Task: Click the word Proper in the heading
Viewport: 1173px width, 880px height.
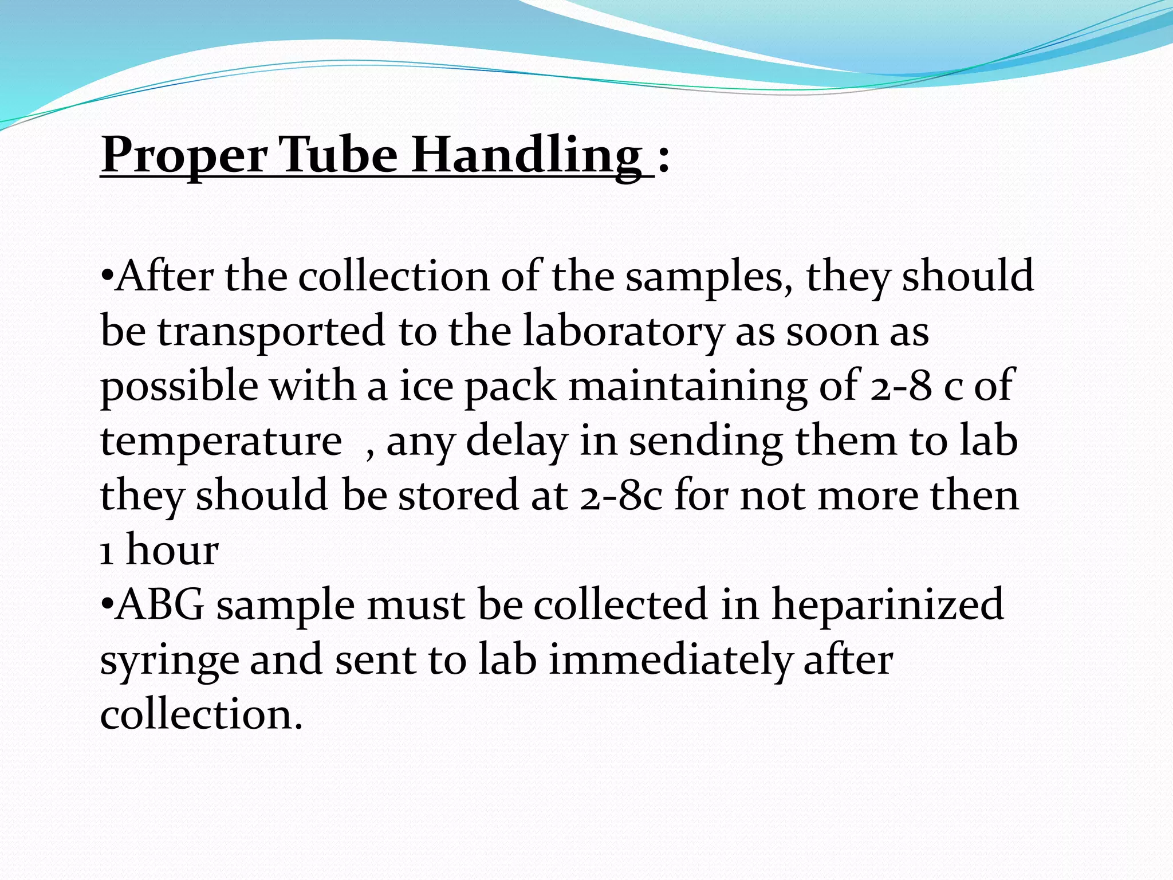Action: coord(184,156)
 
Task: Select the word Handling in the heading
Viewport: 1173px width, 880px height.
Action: coord(527,156)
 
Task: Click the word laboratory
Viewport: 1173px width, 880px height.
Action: coord(623,332)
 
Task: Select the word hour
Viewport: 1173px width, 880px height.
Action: coord(172,549)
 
